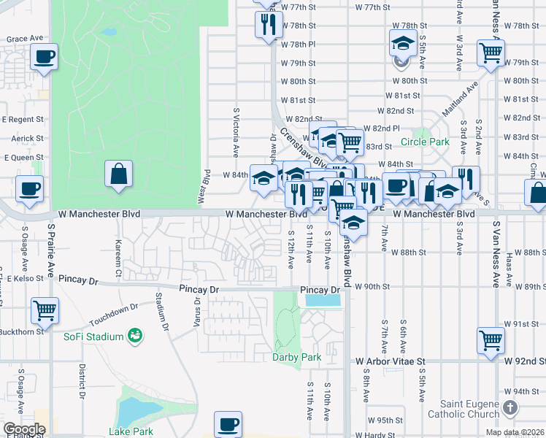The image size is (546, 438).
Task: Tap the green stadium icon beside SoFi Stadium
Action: click(x=134, y=336)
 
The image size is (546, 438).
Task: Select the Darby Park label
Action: click(x=297, y=357)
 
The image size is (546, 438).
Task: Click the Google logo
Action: click(x=24, y=429)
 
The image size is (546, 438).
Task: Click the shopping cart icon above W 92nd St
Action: click(x=491, y=339)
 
